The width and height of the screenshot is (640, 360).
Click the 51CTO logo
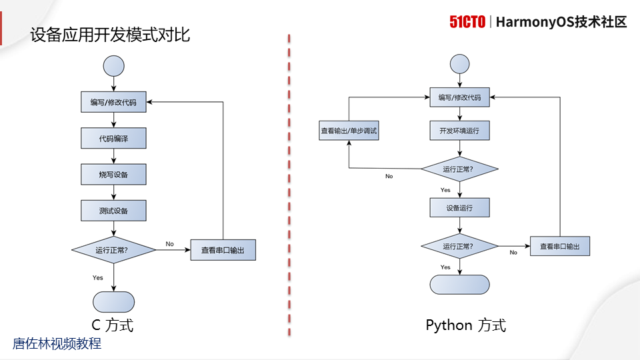[467, 22]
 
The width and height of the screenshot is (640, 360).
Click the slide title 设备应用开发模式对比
[110, 35]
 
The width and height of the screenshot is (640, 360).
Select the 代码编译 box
[113, 139]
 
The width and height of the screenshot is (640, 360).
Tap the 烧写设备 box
[113, 175]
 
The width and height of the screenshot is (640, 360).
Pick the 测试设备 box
[113, 211]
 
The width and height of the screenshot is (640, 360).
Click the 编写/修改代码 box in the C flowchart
[113, 103]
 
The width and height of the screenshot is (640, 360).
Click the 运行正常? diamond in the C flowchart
[113, 251]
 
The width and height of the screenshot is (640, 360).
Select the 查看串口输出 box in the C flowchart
[223, 251]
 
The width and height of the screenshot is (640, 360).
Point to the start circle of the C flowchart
[113, 65]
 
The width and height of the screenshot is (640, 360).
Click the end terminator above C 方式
[113, 301]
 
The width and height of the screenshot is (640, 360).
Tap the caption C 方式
[113, 325]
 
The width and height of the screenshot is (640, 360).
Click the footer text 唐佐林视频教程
[57, 344]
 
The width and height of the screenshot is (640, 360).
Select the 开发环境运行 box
[459, 130]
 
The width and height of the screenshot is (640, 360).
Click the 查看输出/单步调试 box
[349, 131]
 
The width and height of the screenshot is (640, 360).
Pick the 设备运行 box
[459, 207]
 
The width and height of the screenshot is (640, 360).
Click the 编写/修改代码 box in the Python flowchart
[459, 97]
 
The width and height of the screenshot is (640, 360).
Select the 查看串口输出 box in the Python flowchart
[560, 246]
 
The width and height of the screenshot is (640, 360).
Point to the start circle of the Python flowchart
[460, 64]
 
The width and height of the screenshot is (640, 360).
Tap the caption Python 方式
[465, 325]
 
